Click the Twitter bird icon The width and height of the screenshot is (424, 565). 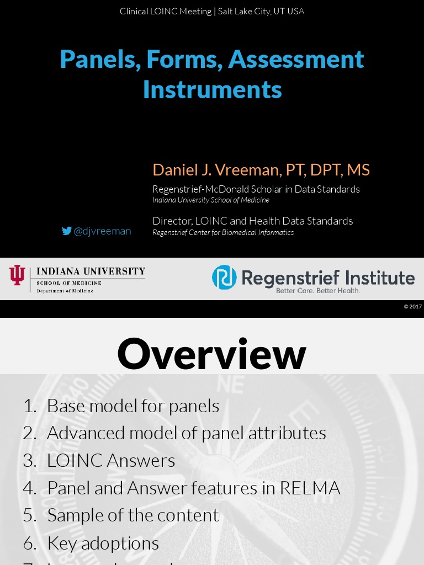tap(67, 231)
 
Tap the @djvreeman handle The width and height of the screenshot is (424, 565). tap(102, 231)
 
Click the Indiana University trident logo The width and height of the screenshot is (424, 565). tap(17, 275)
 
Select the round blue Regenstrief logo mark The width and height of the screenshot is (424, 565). tap(224, 277)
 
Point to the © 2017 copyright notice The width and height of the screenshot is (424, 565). tap(412, 307)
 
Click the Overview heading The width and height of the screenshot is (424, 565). tap(211, 354)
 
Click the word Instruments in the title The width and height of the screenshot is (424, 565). tap(212, 89)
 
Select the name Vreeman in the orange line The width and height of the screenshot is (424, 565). tap(249, 170)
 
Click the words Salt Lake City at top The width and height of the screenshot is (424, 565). tap(243, 12)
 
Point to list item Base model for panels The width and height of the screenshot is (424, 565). tap(132, 406)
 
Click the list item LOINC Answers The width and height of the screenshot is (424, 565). tap(111, 460)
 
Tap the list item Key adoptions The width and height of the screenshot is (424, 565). tap(103, 543)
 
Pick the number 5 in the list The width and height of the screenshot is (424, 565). tap(29, 515)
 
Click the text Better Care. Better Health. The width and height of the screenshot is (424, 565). tap(318, 290)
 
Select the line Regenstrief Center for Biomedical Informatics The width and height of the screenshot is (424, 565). tap(223, 232)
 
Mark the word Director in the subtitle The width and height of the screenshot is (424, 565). tap(169, 221)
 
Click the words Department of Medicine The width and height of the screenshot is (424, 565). tap(65, 291)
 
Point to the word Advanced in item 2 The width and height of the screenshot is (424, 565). tap(84, 433)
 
